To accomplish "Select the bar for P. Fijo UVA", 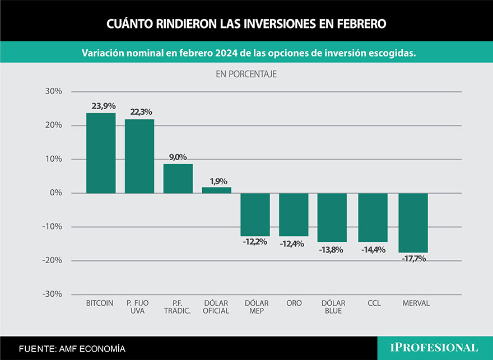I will click(x=139, y=156).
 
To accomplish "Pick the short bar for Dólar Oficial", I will click(x=216, y=190).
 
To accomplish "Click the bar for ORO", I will click(x=294, y=214).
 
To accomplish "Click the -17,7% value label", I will click(x=414, y=259).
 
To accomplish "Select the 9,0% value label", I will click(x=178, y=157).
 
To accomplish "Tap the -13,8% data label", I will click(x=332, y=250).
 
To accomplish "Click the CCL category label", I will click(x=374, y=303).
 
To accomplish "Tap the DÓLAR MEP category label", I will click(x=257, y=307).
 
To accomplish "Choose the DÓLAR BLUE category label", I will click(x=334, y=307).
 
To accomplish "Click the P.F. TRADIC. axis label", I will click(x=178, y=307).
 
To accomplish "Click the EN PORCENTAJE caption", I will click(x=246, y=74).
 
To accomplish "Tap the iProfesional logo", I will click(x=434, y=348).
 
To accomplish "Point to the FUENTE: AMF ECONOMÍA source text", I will click(x=72, y=349).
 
